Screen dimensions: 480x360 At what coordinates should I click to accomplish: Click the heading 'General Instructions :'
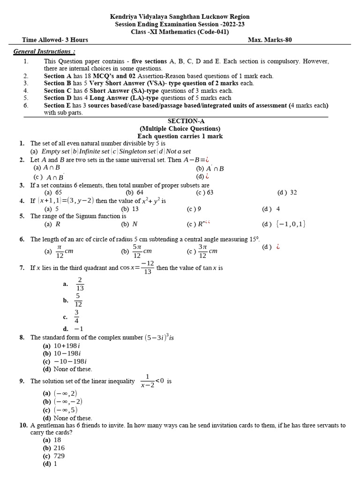(44, 51)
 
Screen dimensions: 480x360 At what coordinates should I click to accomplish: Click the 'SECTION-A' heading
(180, 121)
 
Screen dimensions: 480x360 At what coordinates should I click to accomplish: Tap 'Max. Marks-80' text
(270, 40)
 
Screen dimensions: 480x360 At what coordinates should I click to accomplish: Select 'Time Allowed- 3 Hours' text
(55, 40)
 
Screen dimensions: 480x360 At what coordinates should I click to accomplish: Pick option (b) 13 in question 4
(130, 209)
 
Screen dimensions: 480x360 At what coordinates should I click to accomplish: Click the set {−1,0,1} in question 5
(291, 224)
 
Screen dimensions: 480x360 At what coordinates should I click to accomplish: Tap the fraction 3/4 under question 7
(76, 316)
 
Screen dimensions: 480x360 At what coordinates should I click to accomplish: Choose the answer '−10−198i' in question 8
(69, 361)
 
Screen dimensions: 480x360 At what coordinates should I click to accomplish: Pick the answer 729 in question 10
(59, 456)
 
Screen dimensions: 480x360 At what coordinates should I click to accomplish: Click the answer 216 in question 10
(59, 448)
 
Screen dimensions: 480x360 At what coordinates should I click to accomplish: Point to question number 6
(22, 239)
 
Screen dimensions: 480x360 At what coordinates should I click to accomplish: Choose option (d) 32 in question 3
(287, 192)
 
